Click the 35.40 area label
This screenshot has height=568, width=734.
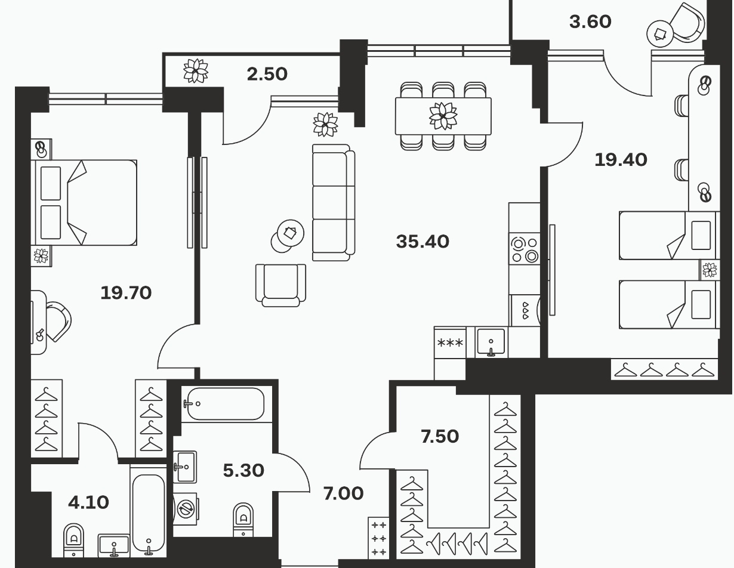point(422,242)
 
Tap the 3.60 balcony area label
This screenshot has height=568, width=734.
point(590,22)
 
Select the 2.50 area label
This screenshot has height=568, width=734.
point(267,75)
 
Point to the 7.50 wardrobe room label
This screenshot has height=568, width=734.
point(440,436)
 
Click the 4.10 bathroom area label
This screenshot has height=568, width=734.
point(88,502)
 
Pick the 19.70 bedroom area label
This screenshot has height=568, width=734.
point(126,293)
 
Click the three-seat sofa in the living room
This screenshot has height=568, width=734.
point(334,203)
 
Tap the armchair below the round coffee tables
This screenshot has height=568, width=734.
point(280,285)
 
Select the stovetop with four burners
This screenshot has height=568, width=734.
point(524,249)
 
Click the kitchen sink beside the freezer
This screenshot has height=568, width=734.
point(491,342)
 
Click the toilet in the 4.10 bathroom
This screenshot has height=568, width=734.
point(73,540)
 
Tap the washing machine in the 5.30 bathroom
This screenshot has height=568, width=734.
point(186,509)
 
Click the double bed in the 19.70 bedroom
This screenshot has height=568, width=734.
point(84,203)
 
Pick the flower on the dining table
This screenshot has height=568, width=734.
point(443,116)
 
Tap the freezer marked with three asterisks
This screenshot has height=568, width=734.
point(451,342)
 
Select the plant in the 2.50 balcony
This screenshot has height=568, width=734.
point(196,70)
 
